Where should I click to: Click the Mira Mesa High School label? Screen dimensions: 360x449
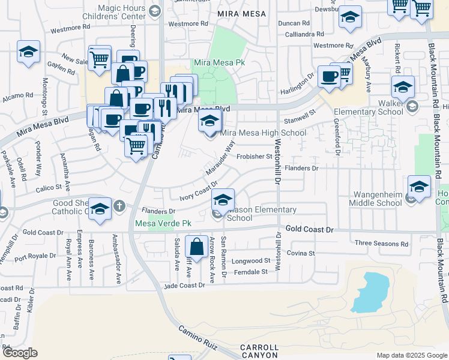coord(264,133)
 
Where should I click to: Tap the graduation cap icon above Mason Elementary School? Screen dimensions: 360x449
coord(223,200)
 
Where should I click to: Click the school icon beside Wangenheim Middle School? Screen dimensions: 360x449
coord(419,187)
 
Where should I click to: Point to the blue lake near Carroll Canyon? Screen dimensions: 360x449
coord(367,292)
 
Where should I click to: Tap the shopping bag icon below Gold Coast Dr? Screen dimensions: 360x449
coord(196,246)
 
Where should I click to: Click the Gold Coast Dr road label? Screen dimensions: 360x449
coord(309,229)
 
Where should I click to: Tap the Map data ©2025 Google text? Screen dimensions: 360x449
coord(412,355)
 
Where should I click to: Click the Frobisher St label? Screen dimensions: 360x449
coord(254,157)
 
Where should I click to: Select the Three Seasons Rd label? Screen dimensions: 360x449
coord(381,244)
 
